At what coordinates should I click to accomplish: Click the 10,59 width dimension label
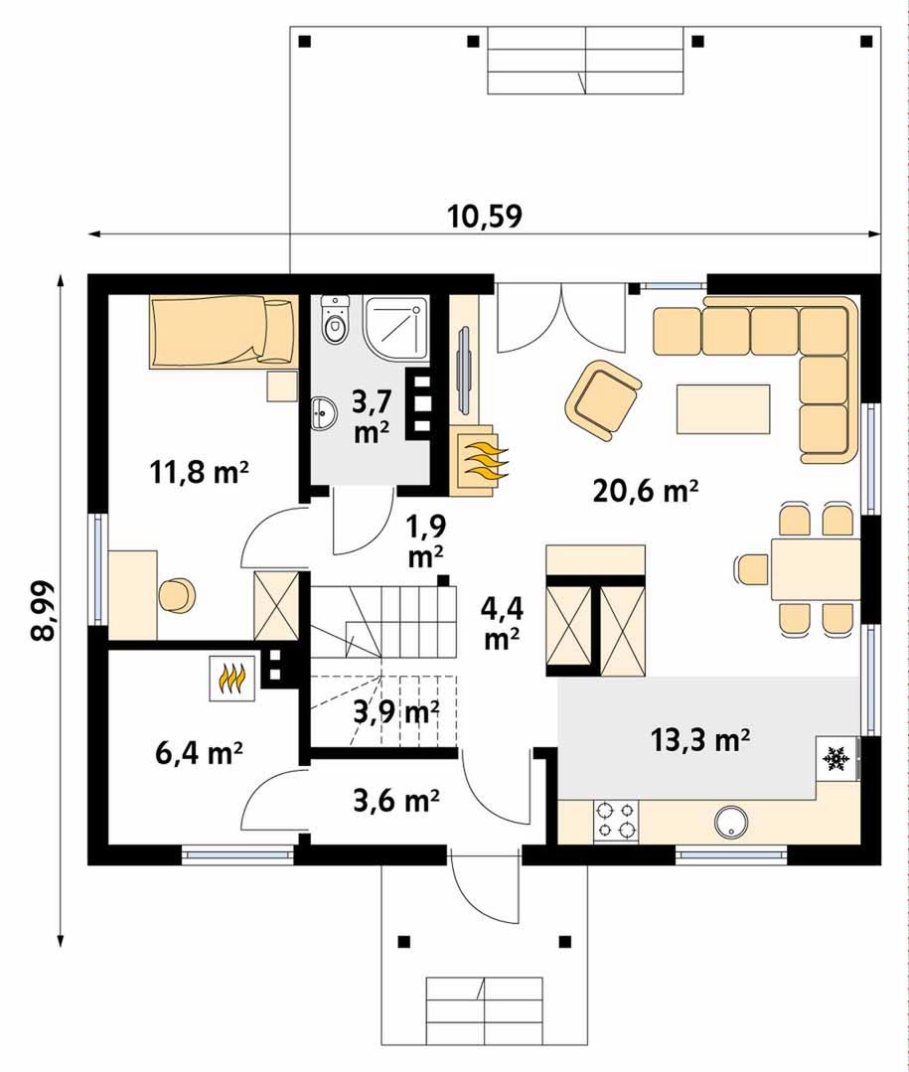coord(485,216)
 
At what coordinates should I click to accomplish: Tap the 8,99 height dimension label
coord(43,611)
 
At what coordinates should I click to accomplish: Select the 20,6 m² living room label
coord(645,490)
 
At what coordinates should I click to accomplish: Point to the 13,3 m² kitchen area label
coord(699,739)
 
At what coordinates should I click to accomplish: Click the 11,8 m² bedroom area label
coord(199,472)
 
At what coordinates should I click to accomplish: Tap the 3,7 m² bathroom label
coord(372,417)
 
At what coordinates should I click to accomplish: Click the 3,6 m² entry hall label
coord(396,799)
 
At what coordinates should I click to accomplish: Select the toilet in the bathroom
coord(334,321)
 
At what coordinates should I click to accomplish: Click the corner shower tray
coord(395,329)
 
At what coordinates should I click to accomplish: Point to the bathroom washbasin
coord(323,413)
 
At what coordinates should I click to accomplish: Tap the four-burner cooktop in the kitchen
coord(616,821)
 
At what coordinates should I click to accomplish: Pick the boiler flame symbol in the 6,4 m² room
coord(232,679)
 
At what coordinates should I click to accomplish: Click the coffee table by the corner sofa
coord(723,409)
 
